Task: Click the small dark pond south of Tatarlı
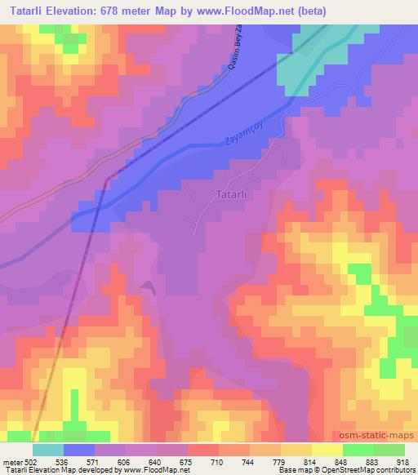click(x=147, y=286)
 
